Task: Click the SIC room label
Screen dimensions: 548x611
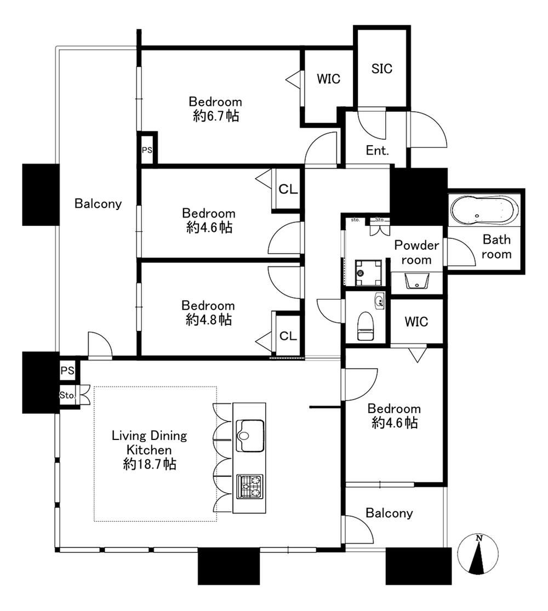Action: pos(381,68)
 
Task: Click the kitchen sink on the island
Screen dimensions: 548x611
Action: pos(250,435)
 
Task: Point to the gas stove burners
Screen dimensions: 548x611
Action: pos(250,486)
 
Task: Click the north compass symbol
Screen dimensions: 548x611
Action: pos(478,553)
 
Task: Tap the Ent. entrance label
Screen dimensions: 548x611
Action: pos(377,150)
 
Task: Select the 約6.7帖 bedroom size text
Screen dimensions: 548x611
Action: pos(215,116)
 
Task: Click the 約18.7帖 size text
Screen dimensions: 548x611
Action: pos(149,464)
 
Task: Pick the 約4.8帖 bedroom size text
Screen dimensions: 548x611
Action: pos(209,319)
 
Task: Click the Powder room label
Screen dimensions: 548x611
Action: pos(416,253)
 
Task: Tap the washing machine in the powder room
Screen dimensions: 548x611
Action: pos(368,272)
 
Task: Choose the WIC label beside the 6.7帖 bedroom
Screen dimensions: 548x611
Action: pos(328,79)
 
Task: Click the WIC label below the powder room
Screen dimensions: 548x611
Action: pos(416,322)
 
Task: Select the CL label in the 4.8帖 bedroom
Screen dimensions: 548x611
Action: pos(288,335)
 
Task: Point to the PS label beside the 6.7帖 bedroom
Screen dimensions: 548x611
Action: pos(147,150)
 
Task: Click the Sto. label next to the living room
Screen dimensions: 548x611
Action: pos(67,395)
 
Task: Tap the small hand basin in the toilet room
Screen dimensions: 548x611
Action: pos(379,301)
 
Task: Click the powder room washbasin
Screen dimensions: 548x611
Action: pos(416,281)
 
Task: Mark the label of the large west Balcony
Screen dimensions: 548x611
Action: pos(98,203)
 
